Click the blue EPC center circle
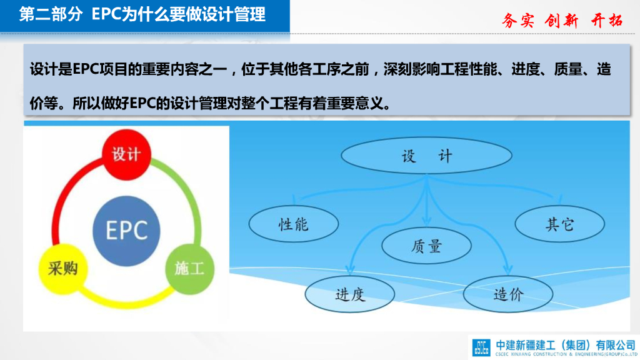[126, 229]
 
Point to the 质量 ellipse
[426, 246]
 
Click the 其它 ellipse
[559, 224]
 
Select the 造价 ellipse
[507, 292]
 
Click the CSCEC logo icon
[482, 347]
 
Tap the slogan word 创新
[562, 20]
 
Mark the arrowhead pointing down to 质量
[426, 221]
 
